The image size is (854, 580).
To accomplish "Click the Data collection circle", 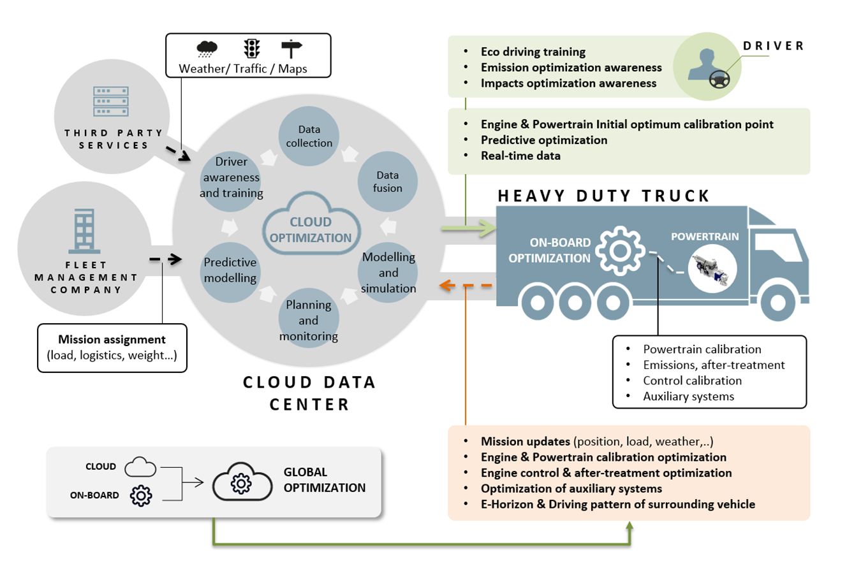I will click(309, 136).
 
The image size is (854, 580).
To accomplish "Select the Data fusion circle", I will click(387, 182).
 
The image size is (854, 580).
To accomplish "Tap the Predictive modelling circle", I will click(230, 271).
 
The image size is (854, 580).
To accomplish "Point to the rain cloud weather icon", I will click(207, 48).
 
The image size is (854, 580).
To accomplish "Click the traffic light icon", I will click(252, 48).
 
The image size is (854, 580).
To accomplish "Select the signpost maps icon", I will click(291, 48).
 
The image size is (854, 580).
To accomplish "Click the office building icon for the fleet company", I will click(84, 231).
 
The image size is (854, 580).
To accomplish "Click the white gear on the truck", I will click(620, 250).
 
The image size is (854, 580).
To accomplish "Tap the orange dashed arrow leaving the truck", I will click(466, 286).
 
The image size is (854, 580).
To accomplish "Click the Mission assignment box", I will click(112, 347).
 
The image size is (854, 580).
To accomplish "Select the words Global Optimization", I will click(324, 480).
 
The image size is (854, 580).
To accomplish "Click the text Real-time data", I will click(520, 156).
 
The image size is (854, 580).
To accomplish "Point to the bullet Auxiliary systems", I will click(688, 396).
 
